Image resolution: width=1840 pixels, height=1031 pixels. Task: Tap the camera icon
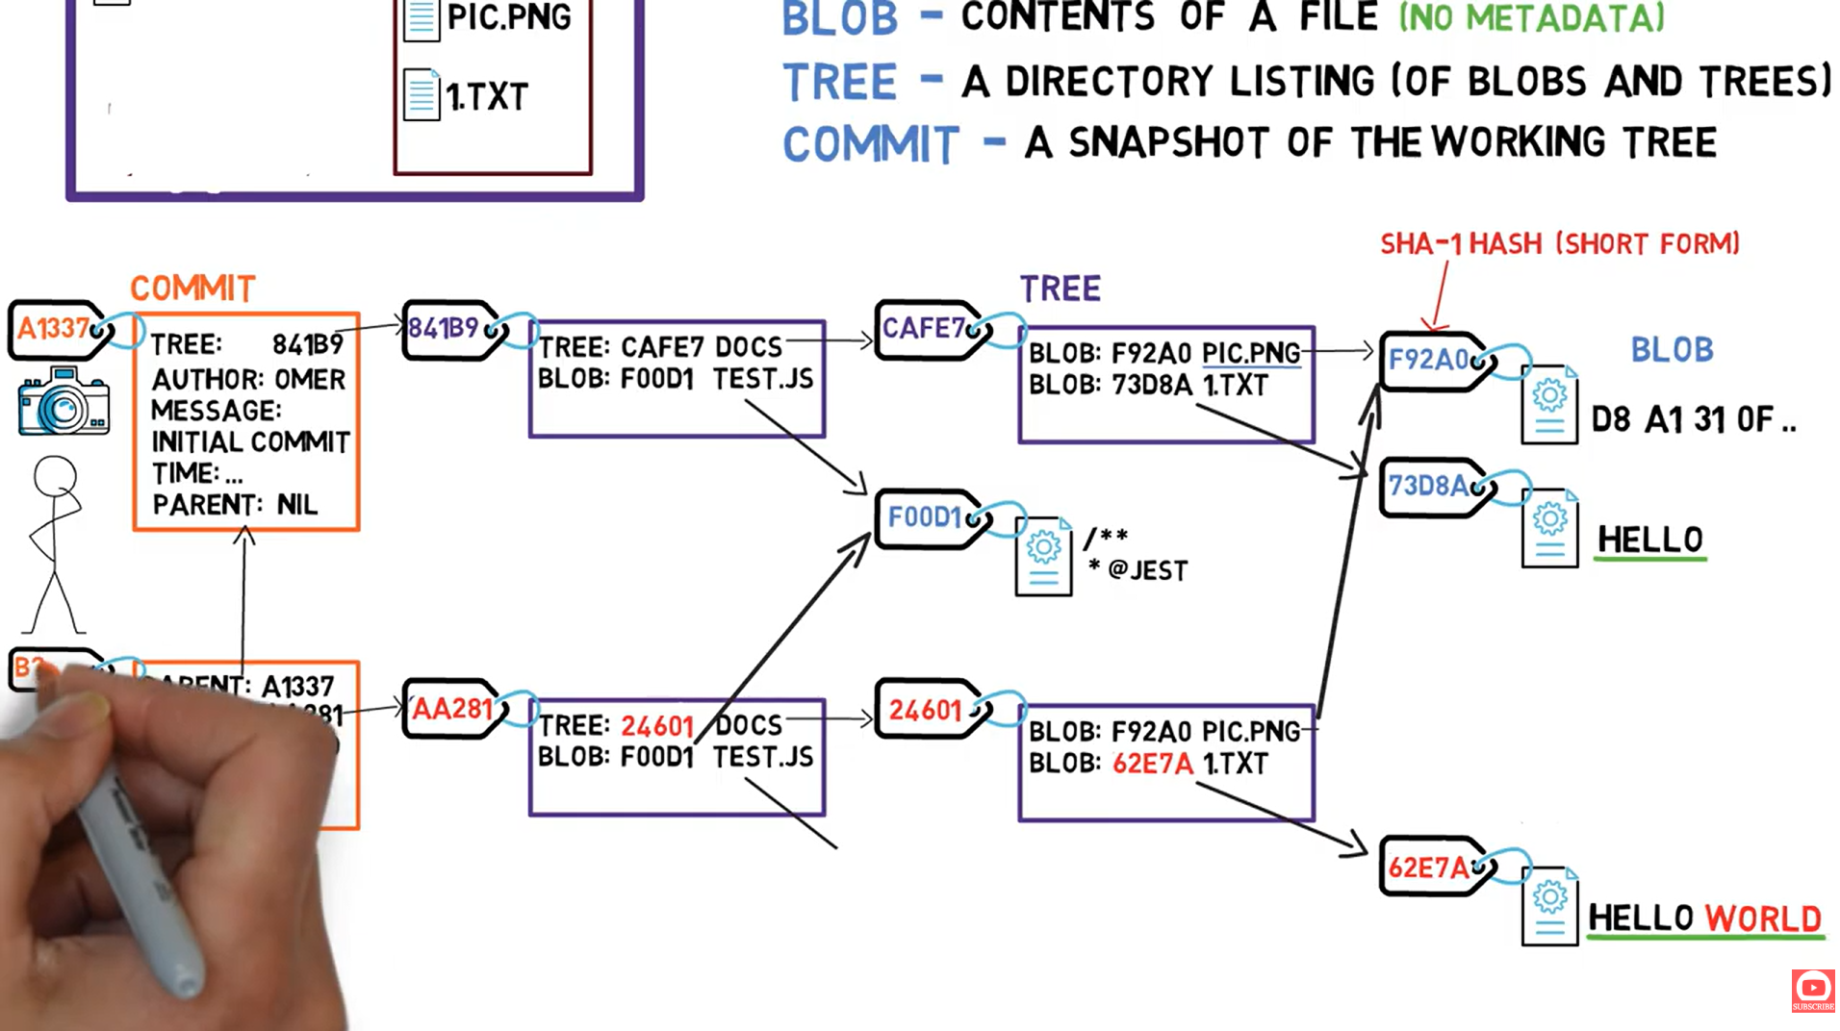[64, 402]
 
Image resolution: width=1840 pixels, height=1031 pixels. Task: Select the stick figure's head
[55, 476]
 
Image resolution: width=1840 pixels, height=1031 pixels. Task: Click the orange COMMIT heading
[192, 289]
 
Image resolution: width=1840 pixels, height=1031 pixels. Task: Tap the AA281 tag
[452, 709]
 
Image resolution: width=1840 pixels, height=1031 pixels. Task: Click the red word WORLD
[1763, 918]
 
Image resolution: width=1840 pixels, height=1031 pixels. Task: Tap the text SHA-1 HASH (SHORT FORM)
[1559, 244]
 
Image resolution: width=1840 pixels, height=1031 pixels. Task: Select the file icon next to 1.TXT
[422, 95]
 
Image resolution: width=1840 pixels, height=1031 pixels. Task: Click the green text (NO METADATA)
[1530, 17]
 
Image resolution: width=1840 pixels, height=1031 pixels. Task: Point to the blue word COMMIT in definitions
[871, 145]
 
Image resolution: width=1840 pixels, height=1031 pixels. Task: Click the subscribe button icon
[1813, 990]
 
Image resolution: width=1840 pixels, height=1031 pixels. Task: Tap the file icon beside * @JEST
[1043, 556]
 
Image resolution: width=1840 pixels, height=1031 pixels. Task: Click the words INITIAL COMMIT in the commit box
[250, 442]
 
